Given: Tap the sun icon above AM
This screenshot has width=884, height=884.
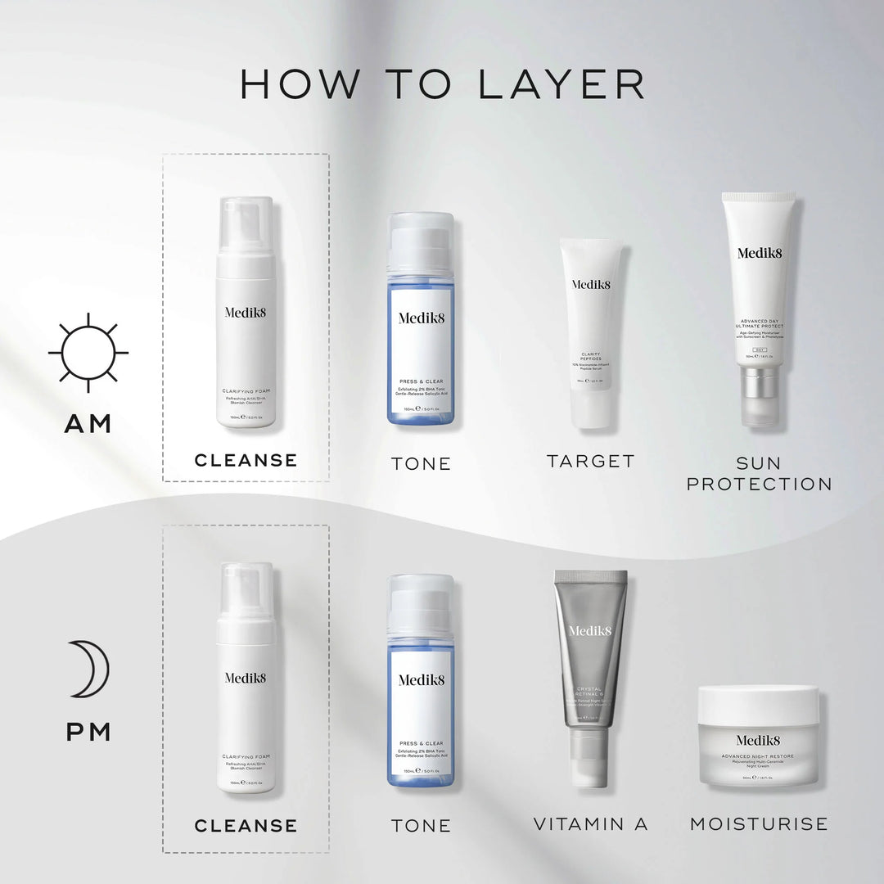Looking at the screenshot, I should point(88,353).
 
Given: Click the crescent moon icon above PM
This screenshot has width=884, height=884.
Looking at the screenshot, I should point(89,669).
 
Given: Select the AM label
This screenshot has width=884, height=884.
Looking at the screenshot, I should point(89,424).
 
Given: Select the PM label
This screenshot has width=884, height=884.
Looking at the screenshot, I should point(89,731).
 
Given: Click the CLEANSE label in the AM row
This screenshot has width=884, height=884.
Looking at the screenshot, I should point(246,460).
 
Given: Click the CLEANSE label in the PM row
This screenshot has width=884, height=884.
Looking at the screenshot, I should point(246,825).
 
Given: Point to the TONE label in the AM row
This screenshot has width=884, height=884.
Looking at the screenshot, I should point(421,463).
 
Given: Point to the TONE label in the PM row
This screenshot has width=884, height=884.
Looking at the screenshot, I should point(421,826).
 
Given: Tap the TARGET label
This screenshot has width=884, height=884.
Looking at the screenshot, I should point(591,462).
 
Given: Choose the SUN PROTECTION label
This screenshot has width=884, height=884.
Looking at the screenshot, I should point(759,474).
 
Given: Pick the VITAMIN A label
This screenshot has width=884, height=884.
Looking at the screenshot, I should point(591,824).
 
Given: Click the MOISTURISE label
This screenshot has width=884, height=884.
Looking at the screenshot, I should point(759,824).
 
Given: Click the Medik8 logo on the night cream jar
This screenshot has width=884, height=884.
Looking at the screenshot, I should point(758,741).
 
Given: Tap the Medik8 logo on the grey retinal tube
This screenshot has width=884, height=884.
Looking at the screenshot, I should point(590,630).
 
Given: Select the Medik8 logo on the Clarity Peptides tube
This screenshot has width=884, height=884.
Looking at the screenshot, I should point(591,285).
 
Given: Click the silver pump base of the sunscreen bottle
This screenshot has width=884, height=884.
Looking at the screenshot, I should point(758,395).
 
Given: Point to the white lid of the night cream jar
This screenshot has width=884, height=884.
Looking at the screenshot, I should point(758,702).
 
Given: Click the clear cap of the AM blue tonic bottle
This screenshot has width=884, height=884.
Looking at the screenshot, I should point(420,243).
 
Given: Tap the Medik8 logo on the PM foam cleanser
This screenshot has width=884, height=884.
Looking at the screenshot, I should point(246,678).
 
